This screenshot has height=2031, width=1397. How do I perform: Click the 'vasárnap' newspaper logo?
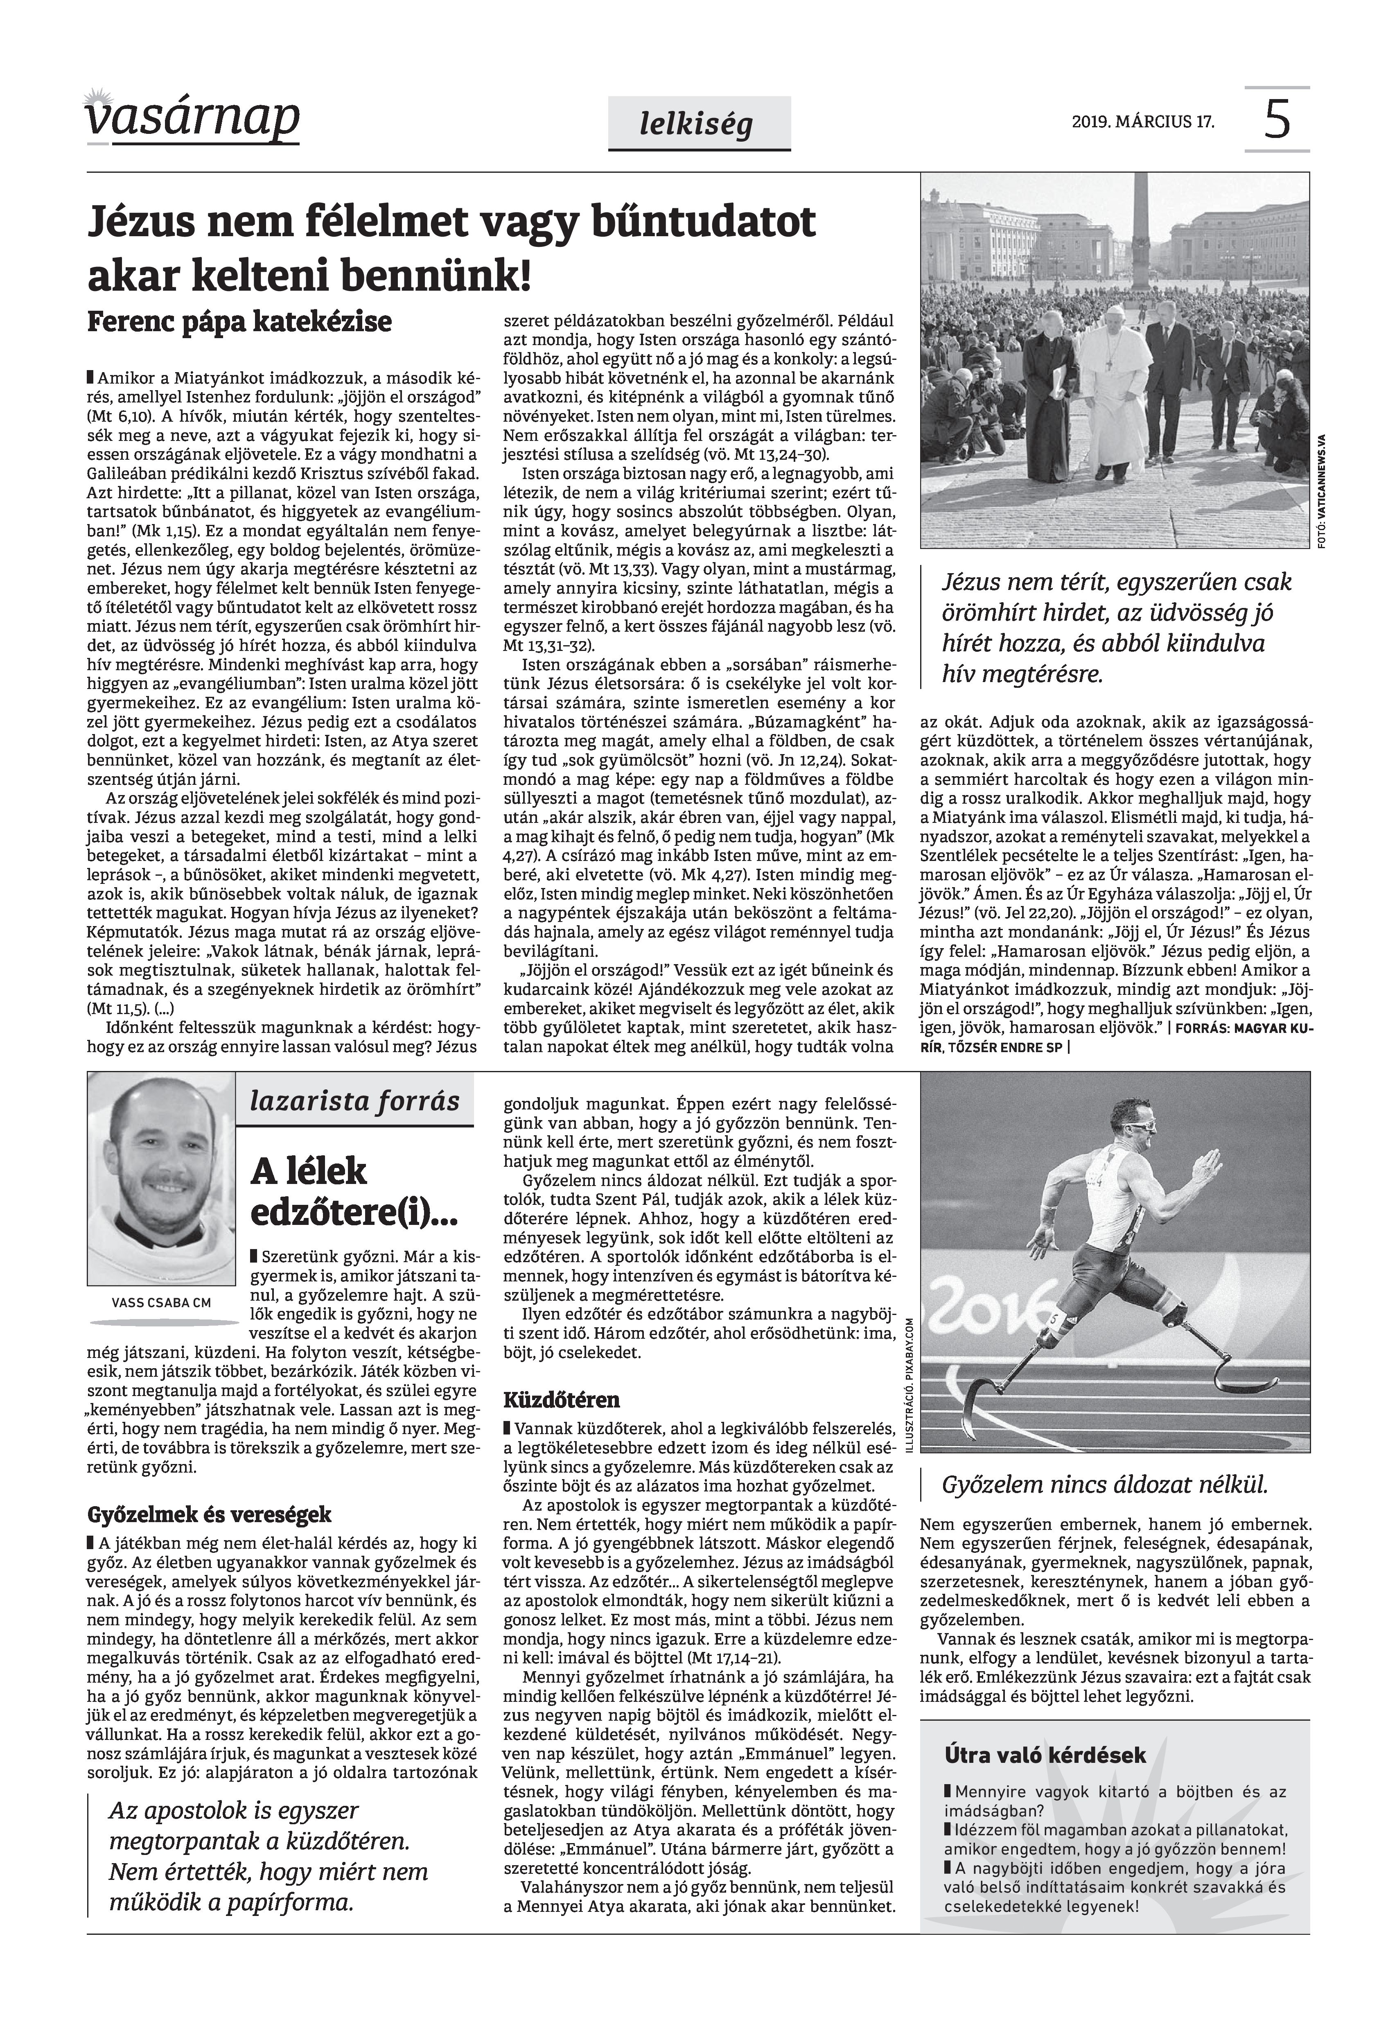click(x=192, y=118)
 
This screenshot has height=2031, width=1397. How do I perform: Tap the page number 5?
click(x=1277, y=120)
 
